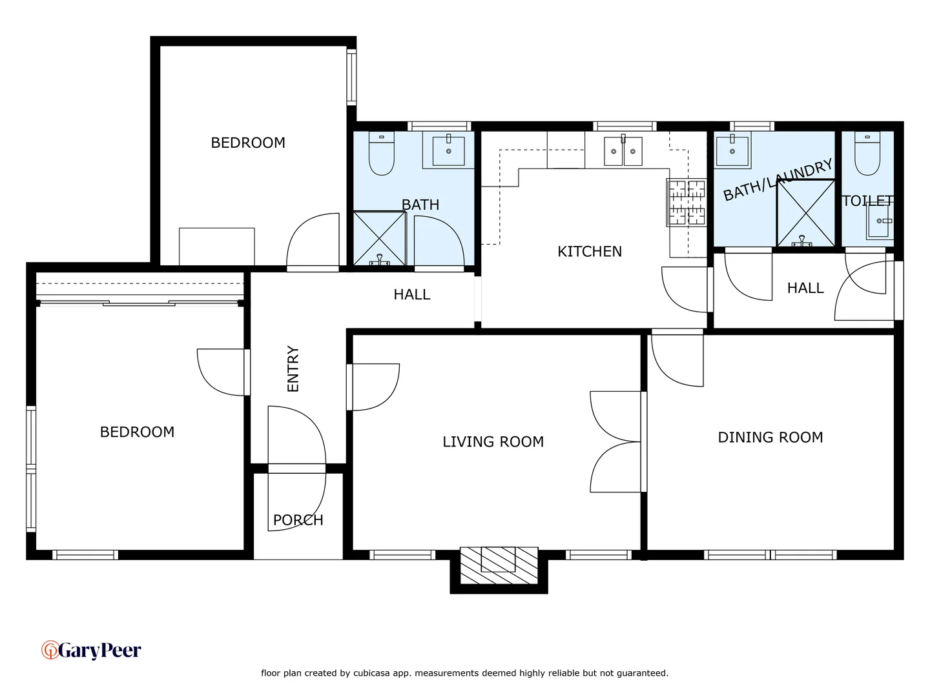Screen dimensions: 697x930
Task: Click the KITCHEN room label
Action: (589, 252)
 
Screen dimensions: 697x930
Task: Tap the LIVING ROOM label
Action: (493, 442)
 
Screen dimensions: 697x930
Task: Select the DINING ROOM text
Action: (770, 438)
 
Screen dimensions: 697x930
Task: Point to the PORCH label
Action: (298, 520)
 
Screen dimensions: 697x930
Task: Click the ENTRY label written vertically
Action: (293, 369)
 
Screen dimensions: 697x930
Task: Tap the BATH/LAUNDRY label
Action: (777, 181)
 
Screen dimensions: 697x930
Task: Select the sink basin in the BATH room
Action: (448, 150)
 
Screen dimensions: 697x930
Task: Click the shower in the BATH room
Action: (379, 238)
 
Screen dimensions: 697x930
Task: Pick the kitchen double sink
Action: (623, 152)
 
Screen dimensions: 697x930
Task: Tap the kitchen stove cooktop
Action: (686, 203)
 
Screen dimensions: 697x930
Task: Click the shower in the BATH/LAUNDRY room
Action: (805, 214)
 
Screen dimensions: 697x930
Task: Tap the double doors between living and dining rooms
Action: (617, 442)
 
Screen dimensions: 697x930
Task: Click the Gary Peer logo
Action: (91, 650)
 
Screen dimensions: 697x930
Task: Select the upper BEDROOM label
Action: (248, 143)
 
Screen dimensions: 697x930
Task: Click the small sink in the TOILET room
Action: (880, 221)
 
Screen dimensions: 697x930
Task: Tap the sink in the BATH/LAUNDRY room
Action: (732, 151)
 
